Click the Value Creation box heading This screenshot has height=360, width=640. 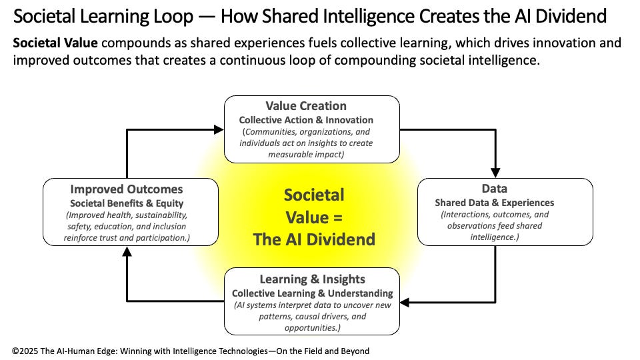(x=306, y=106)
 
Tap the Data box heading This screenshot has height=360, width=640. (x=494, y=189)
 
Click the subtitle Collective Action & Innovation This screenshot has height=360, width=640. (x=306, y=120)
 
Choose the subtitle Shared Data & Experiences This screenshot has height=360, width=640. (x=494, y=203)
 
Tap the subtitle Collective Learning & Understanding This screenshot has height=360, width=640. (x=312, y=293)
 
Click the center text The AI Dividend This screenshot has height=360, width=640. (x=314, y=239)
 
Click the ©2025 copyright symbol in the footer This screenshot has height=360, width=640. (x=16, y=350)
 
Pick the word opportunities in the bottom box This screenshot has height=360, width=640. (x=312, y=329)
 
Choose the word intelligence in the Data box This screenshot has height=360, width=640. (x=494, y=237)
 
